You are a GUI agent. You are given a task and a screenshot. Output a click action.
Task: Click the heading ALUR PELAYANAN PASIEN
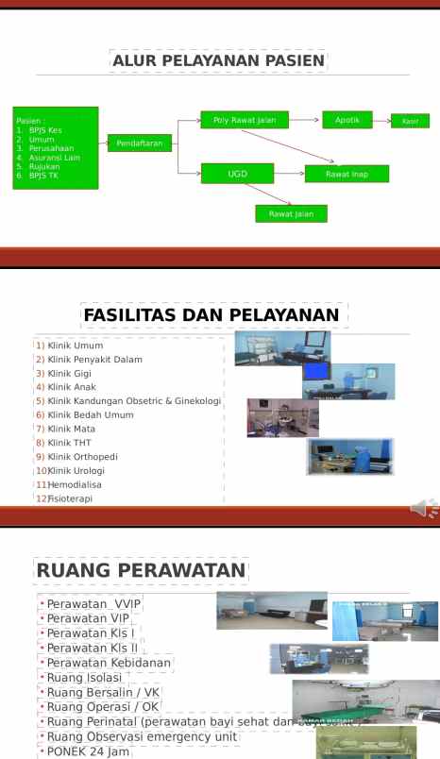219,62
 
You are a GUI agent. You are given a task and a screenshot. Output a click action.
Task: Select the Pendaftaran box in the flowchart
140,143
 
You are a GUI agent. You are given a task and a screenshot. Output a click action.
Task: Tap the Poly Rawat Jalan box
244,120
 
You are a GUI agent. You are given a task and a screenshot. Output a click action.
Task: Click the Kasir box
410,121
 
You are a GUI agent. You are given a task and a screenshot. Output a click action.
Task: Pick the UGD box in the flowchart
237,174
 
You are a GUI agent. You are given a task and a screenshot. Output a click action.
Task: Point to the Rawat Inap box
347,174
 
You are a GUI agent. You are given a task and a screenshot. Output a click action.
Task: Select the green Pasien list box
56,148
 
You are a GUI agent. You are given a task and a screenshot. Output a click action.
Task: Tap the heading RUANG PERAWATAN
141,570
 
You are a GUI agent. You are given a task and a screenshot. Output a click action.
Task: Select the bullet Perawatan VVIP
94,603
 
